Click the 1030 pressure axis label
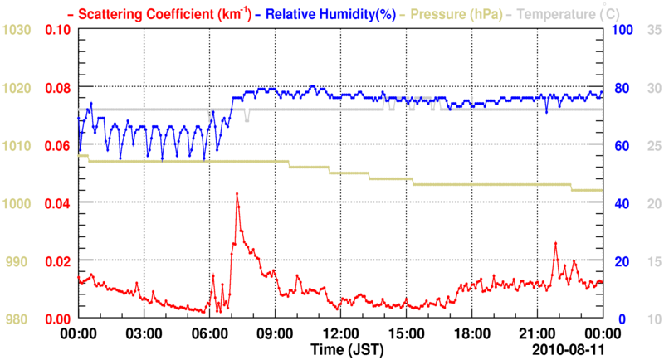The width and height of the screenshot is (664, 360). point(16,30)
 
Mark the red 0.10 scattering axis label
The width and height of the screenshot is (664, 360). point(57,30)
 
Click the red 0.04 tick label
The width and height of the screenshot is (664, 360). point(57,203)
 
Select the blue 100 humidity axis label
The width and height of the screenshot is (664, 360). point(622,30)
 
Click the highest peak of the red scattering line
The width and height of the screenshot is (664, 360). point(237,193)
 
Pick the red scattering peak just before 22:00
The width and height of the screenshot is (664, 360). point(556,242)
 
